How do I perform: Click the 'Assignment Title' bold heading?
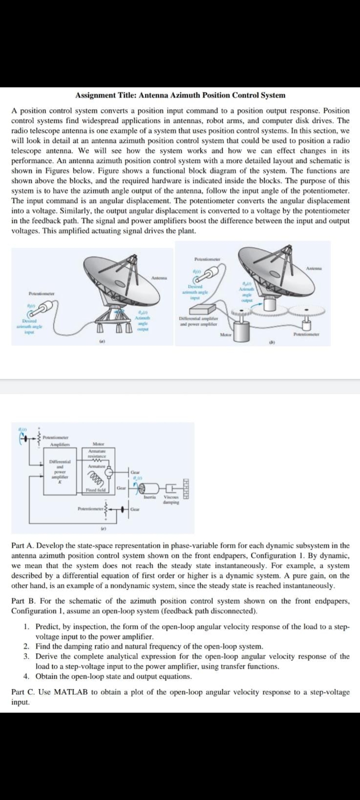[x=180, y=95]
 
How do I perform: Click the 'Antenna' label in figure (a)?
[x=158, y=278]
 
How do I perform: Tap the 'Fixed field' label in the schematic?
[x=96, y=490]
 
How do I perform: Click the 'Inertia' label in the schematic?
[x=148, y=497]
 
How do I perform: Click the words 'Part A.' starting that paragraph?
[x=22, y=546]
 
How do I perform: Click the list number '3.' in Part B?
[x=26, y=656]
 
